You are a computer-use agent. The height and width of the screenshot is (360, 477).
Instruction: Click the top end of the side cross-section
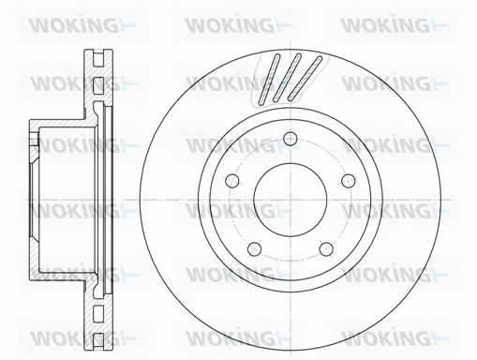coord(97,46)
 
